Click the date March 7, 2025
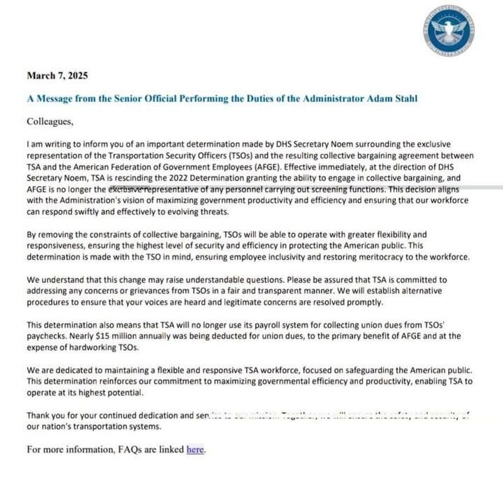pos(57,76)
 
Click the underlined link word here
pos(195,449)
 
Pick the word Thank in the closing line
pos(38,415)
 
